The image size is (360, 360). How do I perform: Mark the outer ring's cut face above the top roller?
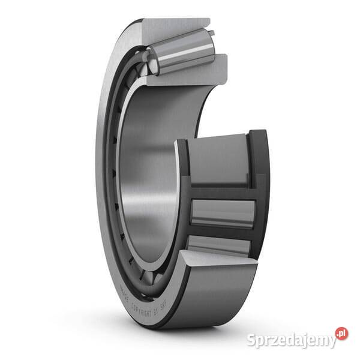174,28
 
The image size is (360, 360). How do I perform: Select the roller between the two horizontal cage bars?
222,213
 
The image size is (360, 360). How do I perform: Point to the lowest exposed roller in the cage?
216,245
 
